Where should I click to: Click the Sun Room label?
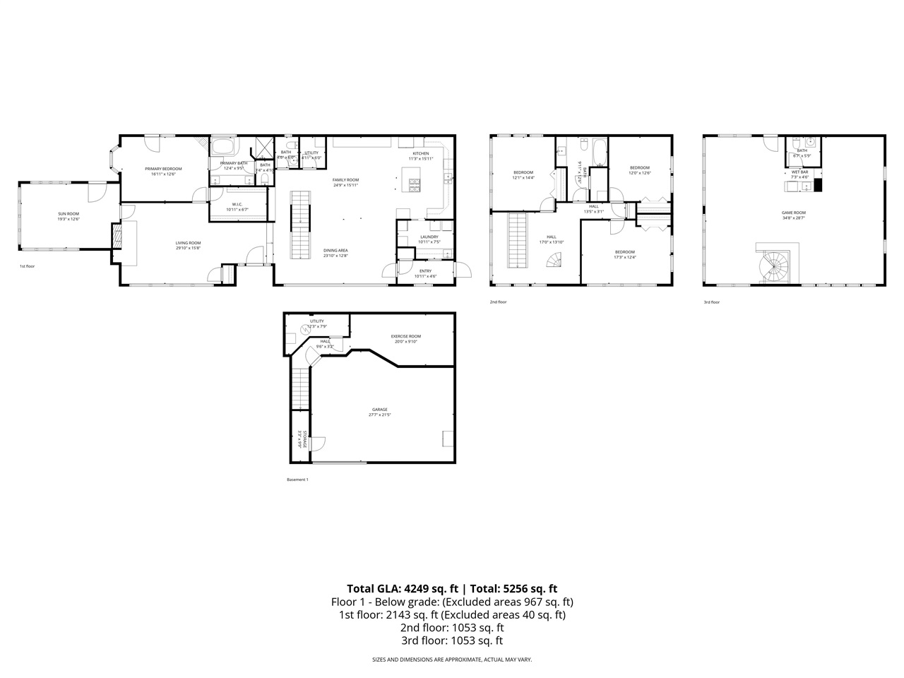(69, 215)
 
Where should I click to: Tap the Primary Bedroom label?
(163, 171)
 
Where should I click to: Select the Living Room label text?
(188, 245)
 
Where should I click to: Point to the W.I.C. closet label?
(237, 206)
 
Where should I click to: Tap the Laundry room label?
(429, 239)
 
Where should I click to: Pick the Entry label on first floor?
(425, 273)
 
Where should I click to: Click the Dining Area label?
(335, 252)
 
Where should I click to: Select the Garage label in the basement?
(380, 412)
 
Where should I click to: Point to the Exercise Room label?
(406, 338)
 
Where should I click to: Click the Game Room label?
(794, 215)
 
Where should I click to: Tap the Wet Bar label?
(799, 174)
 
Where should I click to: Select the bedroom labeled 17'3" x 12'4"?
(624, 254)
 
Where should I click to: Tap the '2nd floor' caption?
(498, 302)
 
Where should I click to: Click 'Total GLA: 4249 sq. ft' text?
(402, 588)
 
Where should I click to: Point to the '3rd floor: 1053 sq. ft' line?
(452, 641)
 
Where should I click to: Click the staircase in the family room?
(301, 225)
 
